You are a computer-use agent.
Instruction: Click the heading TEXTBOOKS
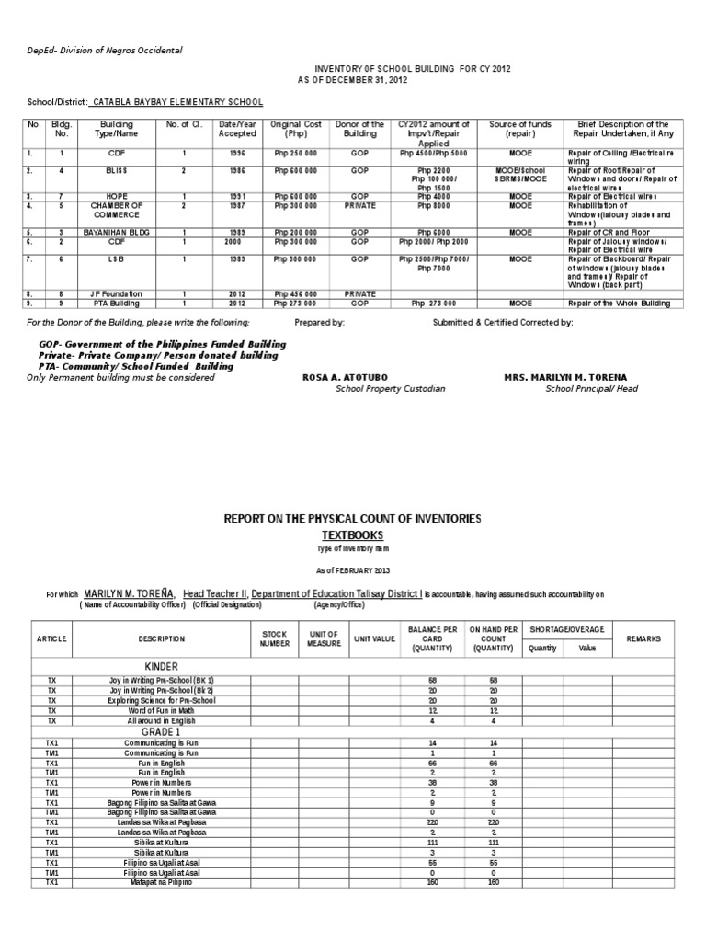tap(353, 534)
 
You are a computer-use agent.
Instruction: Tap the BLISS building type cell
tap(117, 171)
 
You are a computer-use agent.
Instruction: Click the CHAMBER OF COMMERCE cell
tap(117, 209)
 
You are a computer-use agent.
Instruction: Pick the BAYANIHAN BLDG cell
tap(117, 234)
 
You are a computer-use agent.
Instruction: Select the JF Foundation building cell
tap(117, 293)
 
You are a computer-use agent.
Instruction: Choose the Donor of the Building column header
tap(359, 129)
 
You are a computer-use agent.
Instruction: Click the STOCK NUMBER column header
tap(275, 638)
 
